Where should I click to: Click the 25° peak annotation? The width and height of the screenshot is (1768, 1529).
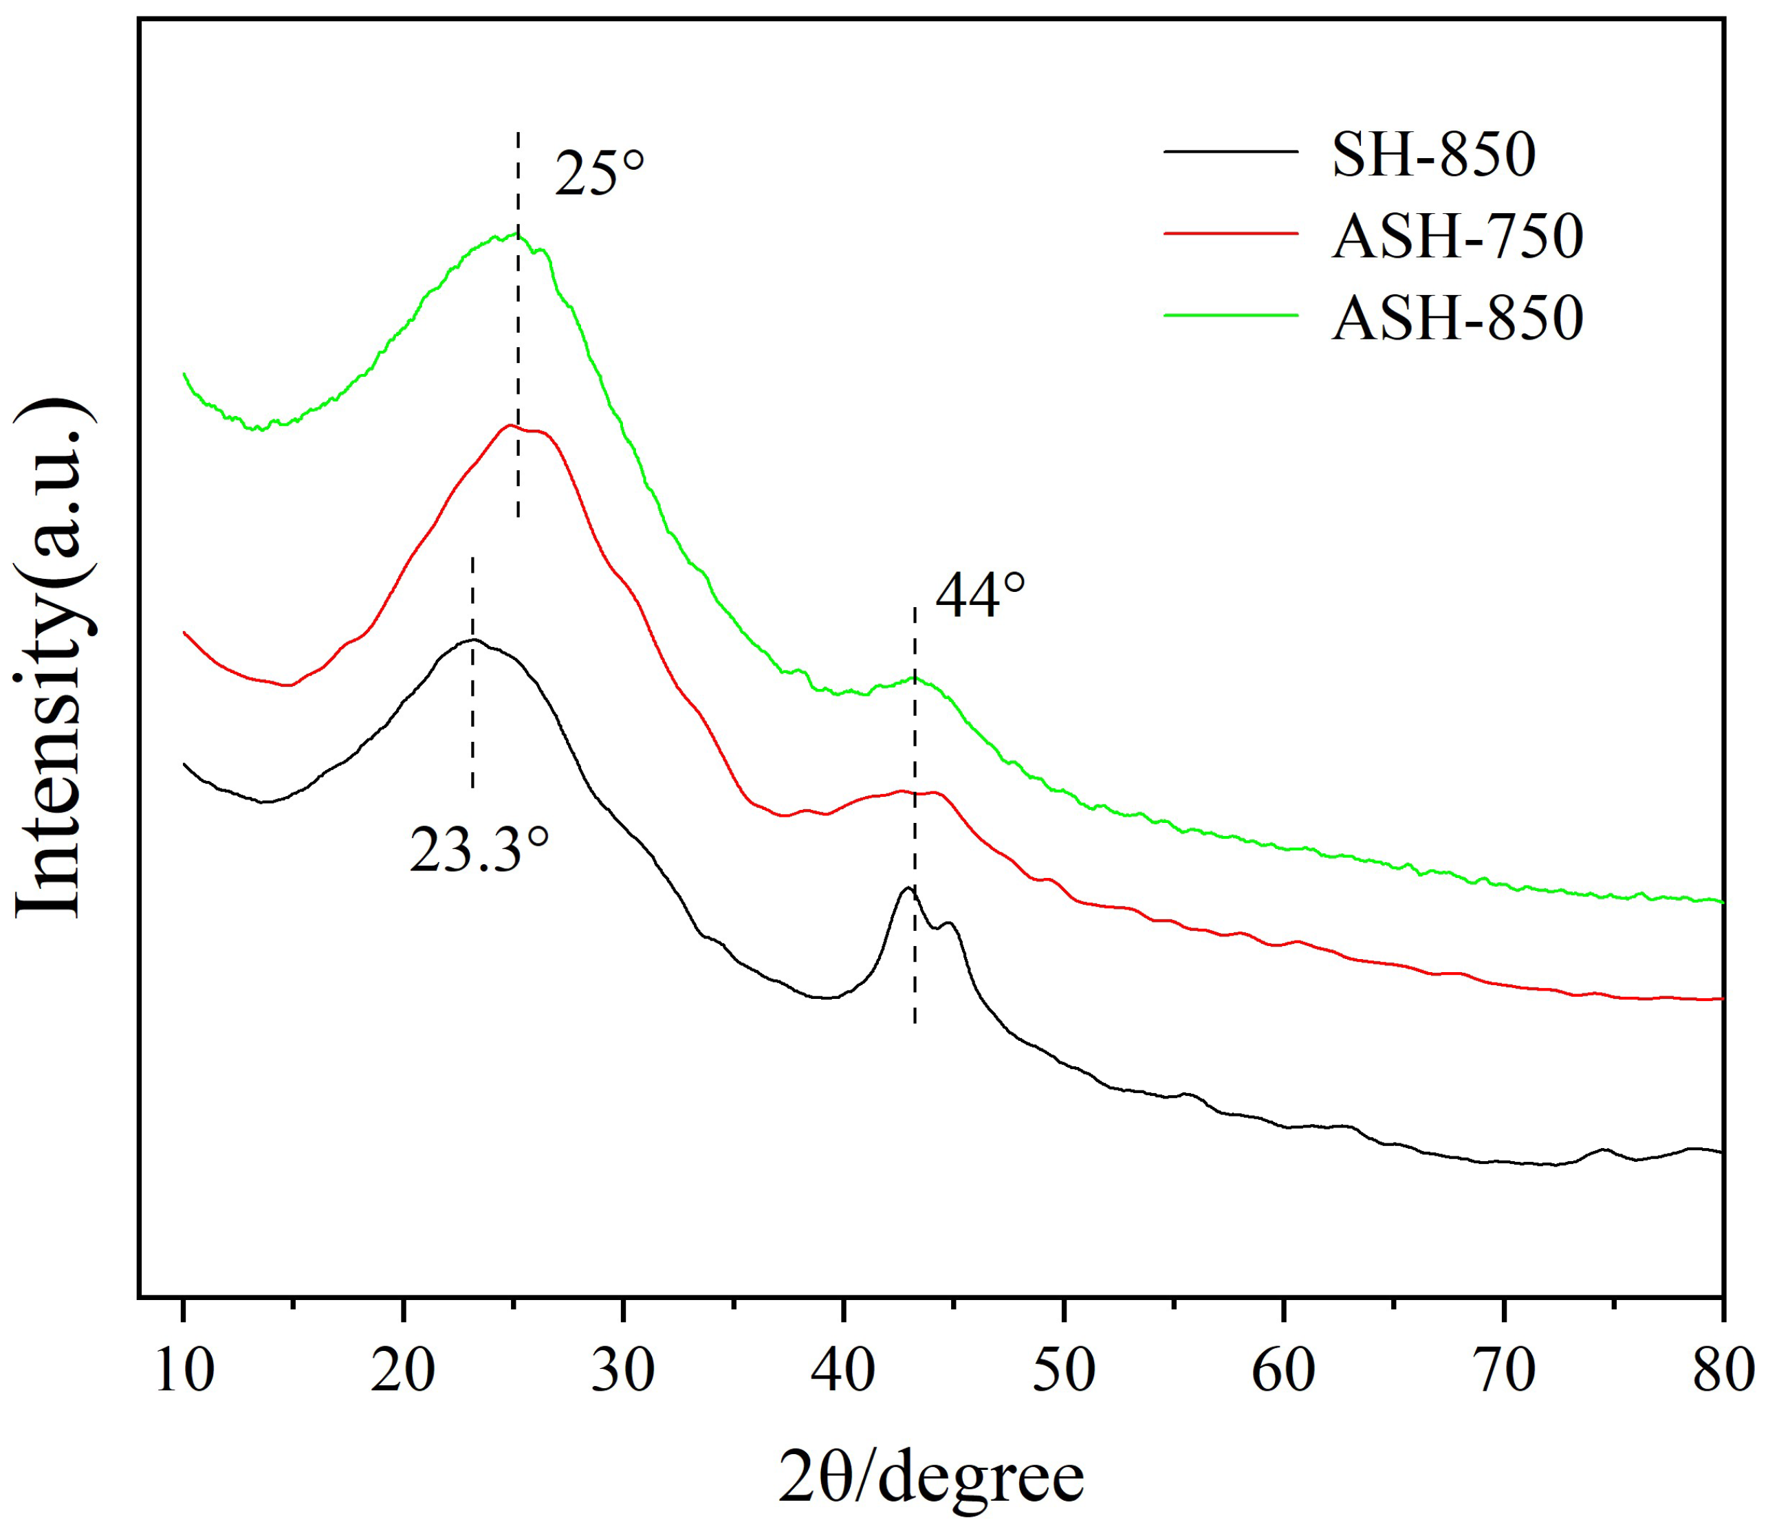click(x=599, y=173)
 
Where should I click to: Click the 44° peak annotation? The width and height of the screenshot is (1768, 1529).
click(x=979, y=597)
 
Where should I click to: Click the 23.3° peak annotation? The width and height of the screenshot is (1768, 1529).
click(x=479, y=850)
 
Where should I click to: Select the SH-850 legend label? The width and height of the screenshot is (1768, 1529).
click(x=1434, y=155)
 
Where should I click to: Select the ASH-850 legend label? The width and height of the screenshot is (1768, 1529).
click(x=1457, y=318)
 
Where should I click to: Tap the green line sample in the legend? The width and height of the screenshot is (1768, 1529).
click(x=1230, y=316)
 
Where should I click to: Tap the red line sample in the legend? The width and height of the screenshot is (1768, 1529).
click(x=1230, y=233)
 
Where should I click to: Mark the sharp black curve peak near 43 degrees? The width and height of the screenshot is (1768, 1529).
click(x=908, y=888)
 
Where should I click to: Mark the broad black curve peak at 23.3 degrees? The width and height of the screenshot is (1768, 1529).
click(x=472, y=640)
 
